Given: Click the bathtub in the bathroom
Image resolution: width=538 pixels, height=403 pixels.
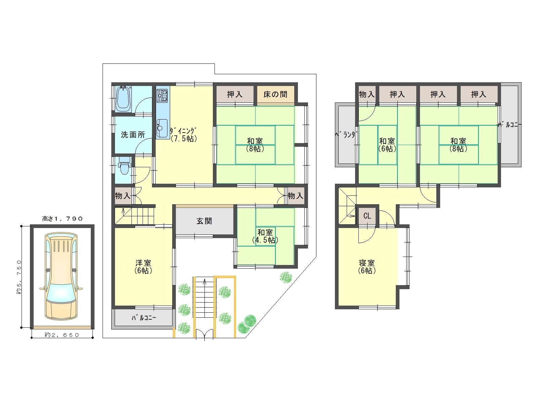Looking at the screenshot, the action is [123, 99].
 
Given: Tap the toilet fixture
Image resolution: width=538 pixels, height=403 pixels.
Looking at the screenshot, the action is [124, 166].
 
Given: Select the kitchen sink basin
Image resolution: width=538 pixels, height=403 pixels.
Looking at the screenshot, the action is [162, 128].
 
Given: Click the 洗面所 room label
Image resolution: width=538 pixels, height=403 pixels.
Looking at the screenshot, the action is [133, 135].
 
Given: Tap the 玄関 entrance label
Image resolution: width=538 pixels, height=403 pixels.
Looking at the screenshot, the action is [204, 221].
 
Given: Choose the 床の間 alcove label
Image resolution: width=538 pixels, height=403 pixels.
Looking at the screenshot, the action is [275, 94].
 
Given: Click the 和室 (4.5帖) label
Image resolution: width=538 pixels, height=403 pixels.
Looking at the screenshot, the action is [265, 236].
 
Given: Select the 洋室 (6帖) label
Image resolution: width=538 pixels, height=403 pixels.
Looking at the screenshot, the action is [143, 267].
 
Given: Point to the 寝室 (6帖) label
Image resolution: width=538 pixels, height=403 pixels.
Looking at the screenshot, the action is [367, 267].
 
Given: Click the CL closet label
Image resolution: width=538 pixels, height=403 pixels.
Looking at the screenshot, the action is [367, 216].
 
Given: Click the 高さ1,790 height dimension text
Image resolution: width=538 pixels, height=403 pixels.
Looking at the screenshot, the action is [63, 219].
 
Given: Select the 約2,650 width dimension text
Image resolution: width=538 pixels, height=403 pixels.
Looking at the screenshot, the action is [62, 335].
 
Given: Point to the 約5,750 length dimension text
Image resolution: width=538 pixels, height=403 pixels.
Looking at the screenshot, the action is [19, 277].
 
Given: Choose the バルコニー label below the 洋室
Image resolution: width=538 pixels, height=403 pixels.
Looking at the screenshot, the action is [144, 318].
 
